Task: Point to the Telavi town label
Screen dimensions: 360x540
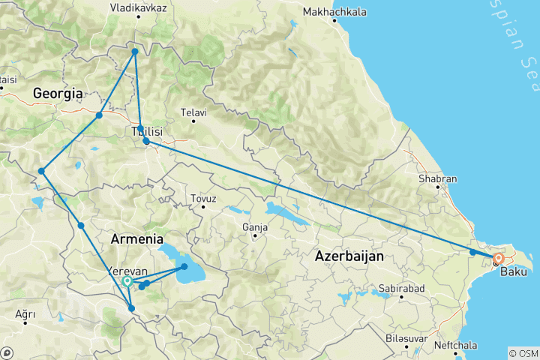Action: (193, 112)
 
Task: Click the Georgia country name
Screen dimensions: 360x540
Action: (57, 94)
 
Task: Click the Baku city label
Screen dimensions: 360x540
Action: (513, 271)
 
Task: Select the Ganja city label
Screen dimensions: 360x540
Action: (255, 226)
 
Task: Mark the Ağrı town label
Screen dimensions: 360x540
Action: (25, 313)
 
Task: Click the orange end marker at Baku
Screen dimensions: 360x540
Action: (498, 259)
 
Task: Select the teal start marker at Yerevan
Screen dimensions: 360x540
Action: (127, 281)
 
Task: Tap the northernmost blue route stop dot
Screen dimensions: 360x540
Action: (135, 52)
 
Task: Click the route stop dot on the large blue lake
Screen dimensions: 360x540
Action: (184, 266)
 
